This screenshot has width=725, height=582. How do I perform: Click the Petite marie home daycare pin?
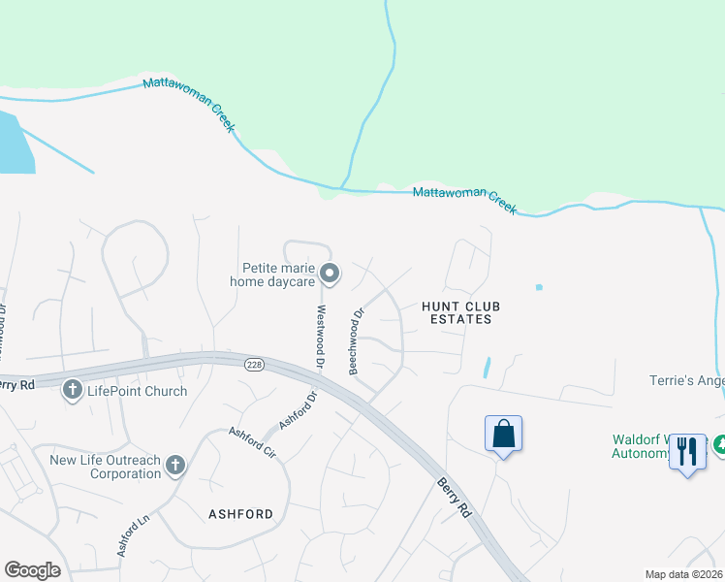[x=330, y=274]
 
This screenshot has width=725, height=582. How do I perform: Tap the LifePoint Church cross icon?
[x=73, y=391]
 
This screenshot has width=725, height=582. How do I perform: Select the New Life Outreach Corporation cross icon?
[x=174, y=466]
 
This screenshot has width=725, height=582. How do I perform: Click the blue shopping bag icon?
[x=504, y=434]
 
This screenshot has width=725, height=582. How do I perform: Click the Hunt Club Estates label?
[x=457, y=311]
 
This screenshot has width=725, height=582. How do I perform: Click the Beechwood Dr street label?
[x=356, y=341]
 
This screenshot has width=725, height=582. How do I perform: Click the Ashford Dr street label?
[x=298, y=409]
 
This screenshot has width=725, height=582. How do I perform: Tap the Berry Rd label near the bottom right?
[x=454, y=498]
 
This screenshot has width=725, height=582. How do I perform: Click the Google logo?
[x=32, y=570]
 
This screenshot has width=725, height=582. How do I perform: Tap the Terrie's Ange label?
[x=686, y=381]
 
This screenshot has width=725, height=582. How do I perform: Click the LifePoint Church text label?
[x=136, y=391]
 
